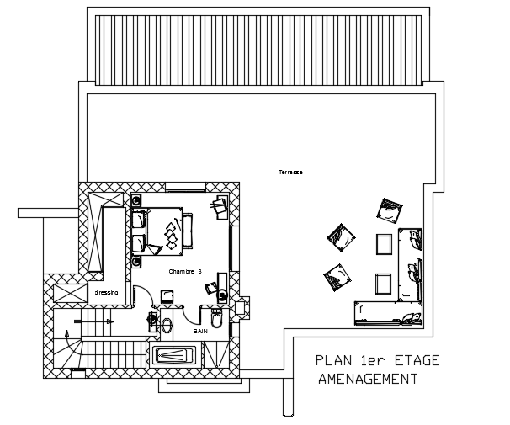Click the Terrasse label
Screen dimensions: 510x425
pyautogui.click(x=290, y=173)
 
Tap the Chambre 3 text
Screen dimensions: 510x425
pyautogui.click(x=185, y=272)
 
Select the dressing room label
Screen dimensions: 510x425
pyautogui.click(x=106, y=293)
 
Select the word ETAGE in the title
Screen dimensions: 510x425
pyautogui.click(x=413, y=361)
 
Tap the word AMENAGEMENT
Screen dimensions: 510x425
pyautogui.click(x=369, y=380)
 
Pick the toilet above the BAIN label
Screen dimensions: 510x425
pyautogui.click(x=217, y=318)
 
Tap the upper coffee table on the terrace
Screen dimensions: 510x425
pyautogui.click(x=384, y=244)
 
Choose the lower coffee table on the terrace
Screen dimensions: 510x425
pyautogui.click(x=384, y=284)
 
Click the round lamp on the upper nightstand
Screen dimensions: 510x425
pyautogui.click(x=136, y=200)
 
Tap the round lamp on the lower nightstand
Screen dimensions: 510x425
pyautogui.click(x=136, y=261)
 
